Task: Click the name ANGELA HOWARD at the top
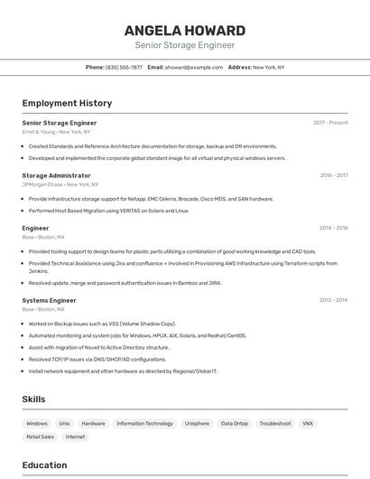(185, 30)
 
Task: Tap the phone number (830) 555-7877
(124, 67)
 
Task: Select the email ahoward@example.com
(193, 67)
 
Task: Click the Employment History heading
(67, 103)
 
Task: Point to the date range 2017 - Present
(330, 123)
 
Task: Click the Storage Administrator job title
(56, 175)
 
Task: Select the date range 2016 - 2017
(333, 175)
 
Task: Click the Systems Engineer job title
(49, 300)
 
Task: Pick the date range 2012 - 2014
(333, 300)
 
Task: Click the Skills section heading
(33, 399)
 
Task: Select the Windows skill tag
(37, 423)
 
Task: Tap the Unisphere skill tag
(197, 423)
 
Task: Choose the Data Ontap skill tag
(235, 423)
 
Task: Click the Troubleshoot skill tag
(275, 423)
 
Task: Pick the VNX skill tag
(308, 423)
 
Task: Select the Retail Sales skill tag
(40, 437)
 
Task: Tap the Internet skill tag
(75, 437)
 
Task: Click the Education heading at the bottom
(44, 465)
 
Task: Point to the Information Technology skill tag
(144, 423)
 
